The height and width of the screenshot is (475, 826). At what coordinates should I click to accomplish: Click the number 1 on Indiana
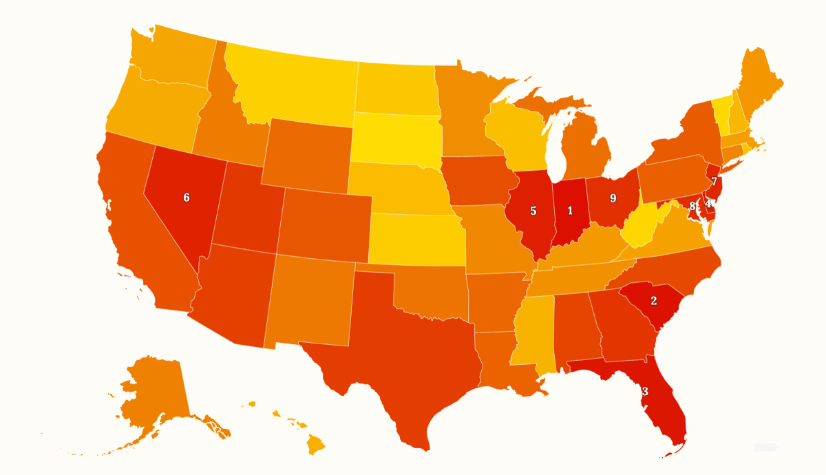(x=570, y=211)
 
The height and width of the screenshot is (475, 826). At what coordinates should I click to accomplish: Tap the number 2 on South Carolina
(x=654, y=301)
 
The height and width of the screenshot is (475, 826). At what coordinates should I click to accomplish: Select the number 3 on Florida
(x=645, y=392)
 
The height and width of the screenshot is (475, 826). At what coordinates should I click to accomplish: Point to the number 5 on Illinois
(x=533, y=211)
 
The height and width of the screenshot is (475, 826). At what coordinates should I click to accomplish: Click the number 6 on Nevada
(x=187, y=198)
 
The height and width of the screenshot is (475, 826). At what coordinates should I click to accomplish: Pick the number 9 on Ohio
(x=613, y=198)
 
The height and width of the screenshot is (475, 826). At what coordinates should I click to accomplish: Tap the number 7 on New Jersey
(x=714, y=182)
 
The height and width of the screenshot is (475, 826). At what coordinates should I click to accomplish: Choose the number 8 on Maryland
(x=692, y=206)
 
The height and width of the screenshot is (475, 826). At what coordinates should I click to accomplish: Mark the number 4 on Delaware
(x=708, y=204)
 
